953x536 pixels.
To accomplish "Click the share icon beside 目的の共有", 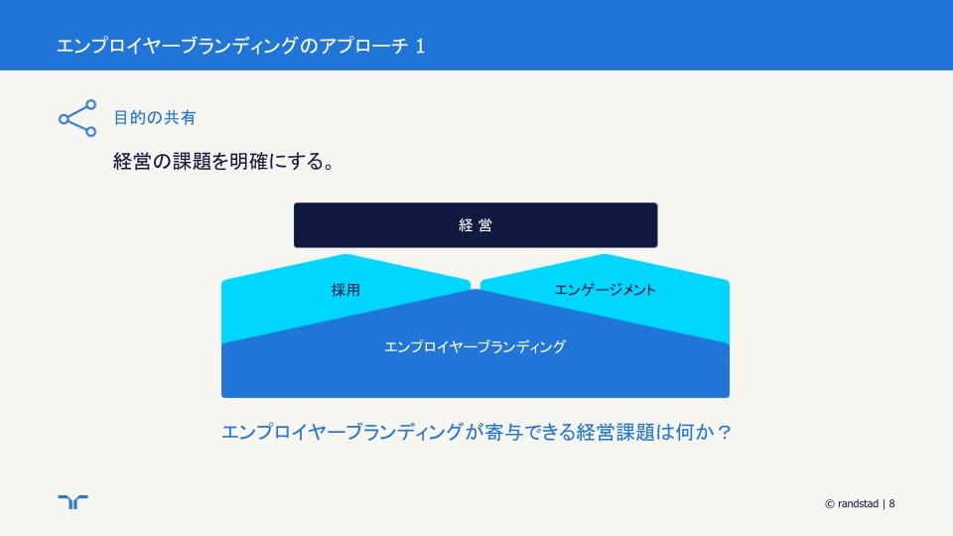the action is click(77, 118).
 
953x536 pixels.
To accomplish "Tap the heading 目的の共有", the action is click(155, 117).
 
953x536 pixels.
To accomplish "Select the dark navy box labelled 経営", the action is click(476, 225).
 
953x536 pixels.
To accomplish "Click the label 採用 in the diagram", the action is click(345, 290).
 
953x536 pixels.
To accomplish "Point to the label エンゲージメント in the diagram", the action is click(606, 290).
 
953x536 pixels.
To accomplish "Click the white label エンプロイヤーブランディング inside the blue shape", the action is click(476, 346).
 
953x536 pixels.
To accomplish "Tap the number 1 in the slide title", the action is click(420, 47).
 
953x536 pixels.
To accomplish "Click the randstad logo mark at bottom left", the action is click(72, 501).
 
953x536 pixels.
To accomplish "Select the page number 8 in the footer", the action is click(891, 503).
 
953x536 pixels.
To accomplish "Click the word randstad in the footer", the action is click(858, 503).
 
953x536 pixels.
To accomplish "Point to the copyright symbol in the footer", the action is click(830, 504).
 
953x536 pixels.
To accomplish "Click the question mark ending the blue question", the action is click(724, 432).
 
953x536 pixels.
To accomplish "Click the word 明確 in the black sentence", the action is click(249, 161).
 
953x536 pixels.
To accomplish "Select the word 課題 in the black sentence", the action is click(192, 161).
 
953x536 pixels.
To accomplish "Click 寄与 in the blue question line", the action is click(504, 432).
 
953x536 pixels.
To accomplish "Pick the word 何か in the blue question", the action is click(695, 432).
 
